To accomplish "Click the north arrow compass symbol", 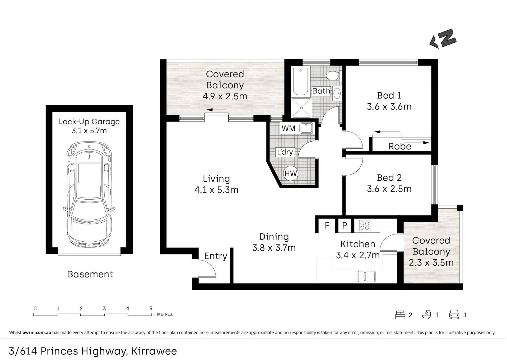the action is pos(443,39).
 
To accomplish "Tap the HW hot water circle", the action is pos(291,174).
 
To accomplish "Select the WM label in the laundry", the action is pos(288,128).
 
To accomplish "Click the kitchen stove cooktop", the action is pos(365,226).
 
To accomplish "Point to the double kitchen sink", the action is pos(366,276).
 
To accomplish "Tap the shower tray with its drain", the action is pos(301,108).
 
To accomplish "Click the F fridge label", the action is pos(327,226).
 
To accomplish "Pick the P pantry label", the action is pos(345,226).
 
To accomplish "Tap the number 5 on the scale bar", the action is pos(151,308).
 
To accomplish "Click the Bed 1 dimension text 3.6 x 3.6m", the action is pos(389,107).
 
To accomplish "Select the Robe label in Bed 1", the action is pos(400,146).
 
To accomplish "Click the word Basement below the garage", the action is pos(90,274).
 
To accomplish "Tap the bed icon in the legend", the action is pos(400,315).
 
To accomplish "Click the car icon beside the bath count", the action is pos(454,315).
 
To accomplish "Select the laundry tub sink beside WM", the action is pos(306,128).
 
